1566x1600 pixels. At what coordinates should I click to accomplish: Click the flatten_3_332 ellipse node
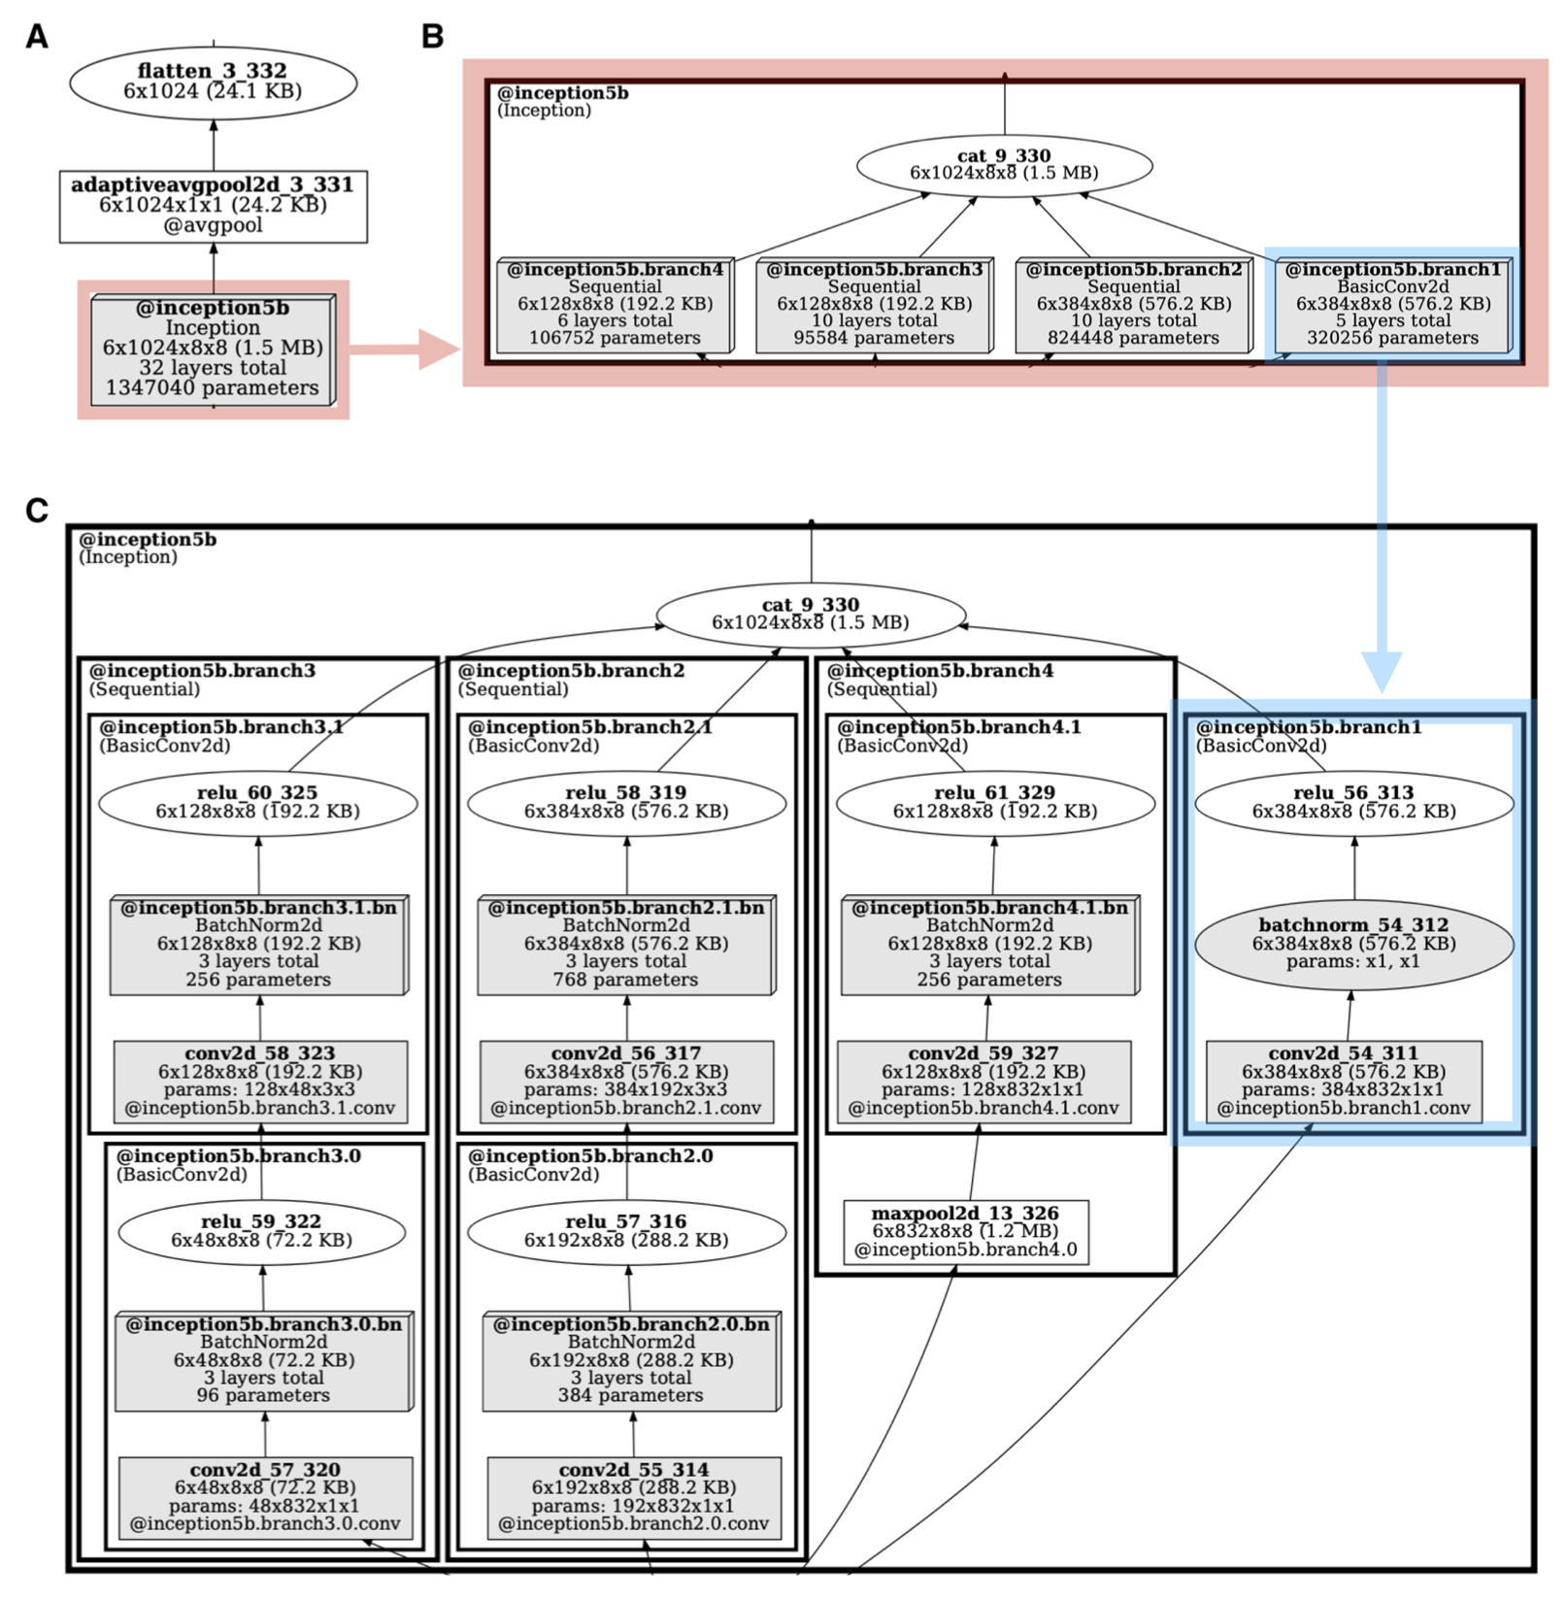(x=213, y=82)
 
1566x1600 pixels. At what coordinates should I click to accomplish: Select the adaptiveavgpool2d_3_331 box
(x=213, y=205)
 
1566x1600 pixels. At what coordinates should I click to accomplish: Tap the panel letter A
(x=37, y=37)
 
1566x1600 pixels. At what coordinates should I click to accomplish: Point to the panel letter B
(x=433, y=37)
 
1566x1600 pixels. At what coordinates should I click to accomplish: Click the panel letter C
(x=37, y=511)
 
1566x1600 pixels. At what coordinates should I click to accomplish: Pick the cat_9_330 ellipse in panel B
(x=1004, y=165)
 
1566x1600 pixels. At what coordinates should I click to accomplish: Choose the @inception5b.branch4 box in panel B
(x=615, y=304)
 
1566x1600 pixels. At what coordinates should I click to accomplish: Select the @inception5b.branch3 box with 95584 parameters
(x=874, y=304)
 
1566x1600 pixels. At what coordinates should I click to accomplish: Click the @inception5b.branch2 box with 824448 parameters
(x=1133, y=304)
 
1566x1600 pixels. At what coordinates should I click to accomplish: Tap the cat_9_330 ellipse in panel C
(x=811, y=614)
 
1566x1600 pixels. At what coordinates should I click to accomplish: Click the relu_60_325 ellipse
(x=257, y=802)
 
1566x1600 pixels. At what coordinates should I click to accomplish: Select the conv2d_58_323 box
(x=260, y=1081)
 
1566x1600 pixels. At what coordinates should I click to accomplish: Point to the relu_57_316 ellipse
(x=626, y=1231)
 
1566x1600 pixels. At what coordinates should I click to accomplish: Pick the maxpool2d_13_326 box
(x=965, y=1231)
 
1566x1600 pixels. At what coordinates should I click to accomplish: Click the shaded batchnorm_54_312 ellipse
(x=1353, y=943)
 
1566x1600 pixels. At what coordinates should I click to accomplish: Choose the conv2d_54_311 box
(x=1344, y=1081)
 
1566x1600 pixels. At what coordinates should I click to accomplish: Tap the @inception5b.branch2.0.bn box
(x=631, y=1359)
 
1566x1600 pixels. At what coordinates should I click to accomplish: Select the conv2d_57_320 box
(x=265, y=1496)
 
